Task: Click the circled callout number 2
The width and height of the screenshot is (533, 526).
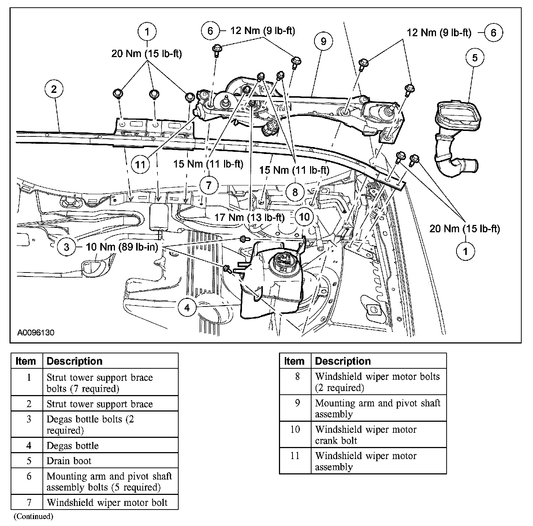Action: tap(54, 89)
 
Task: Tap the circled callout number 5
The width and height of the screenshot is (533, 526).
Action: tap(475, 58)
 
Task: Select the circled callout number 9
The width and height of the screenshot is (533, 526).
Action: tap(323, 41)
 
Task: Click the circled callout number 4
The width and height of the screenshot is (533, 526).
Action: tap(187, 308)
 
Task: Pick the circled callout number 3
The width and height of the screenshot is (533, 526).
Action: tap(66, 247)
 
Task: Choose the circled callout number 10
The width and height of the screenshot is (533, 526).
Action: tap(304, 217)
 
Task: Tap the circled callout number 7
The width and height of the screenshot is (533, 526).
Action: tap(209, 185)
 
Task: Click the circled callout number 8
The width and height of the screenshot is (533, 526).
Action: tap(295, 192)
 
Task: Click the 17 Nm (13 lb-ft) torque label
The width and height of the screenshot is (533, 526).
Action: tap(249, 217)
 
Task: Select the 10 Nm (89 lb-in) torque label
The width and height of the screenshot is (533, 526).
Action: tap(122, 247)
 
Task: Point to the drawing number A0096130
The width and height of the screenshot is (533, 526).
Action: tap(36, 333)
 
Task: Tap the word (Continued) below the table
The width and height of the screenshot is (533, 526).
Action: tap(33, 516)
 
